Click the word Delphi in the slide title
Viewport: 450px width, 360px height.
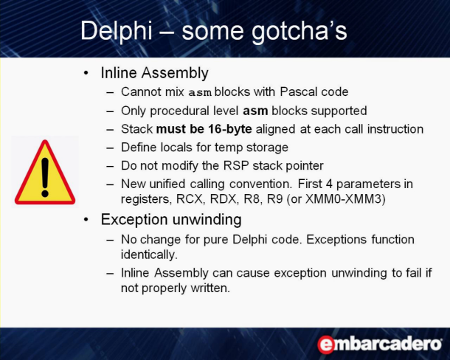117,31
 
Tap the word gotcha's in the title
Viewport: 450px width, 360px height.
299,31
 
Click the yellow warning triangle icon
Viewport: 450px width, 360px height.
45,172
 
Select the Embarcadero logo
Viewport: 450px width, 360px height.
380,344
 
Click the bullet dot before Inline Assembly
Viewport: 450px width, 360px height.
86,73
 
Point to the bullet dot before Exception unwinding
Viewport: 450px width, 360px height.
86,220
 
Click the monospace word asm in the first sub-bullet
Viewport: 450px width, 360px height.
200,93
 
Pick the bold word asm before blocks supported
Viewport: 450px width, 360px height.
255,111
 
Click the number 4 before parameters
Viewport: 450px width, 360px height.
329,184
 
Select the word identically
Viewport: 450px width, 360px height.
149,255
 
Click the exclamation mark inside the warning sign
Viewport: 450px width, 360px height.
45,177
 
